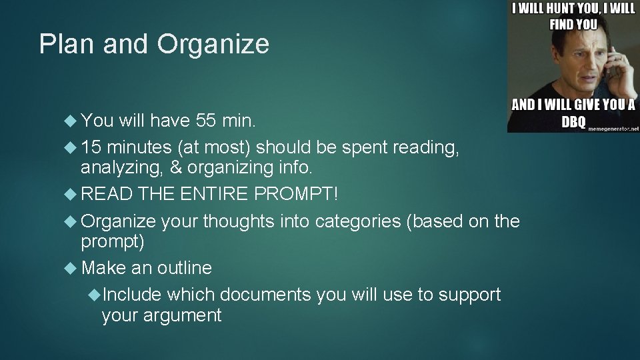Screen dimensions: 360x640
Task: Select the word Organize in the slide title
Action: pyautogui.click(x=213, y=45)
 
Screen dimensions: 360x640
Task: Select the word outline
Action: pyautogui.click(x=184, y=268)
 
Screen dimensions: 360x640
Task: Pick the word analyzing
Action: pyautogui.click(x=121, y=167)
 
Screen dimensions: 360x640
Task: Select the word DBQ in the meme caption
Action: pyautogui.click(x=574, y=122)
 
